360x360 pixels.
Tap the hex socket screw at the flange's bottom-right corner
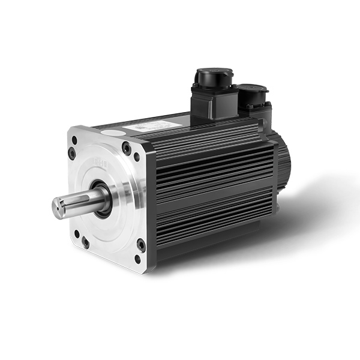coord(141,245)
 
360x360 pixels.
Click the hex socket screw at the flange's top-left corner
coord(72,153)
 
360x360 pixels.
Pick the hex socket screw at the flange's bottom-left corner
coord(86,242)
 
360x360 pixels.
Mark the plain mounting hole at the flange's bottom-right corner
coord(137,259)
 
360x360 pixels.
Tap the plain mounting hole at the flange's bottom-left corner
coord(76,233)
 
